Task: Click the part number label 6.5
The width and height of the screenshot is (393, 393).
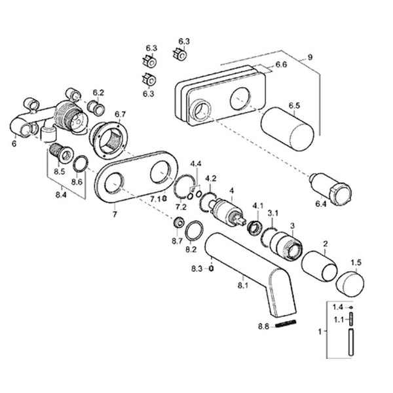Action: (x=294, y=105)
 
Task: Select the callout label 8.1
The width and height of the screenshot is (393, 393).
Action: (x=242, y=286)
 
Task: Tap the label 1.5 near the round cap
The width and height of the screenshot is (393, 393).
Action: (x=356, y=263)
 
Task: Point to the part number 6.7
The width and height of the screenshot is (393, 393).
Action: (x=120, y=114)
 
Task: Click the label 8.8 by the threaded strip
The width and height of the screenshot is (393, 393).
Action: (x=263, y=327)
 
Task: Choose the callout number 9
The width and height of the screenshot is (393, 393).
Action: (x=310, y=57)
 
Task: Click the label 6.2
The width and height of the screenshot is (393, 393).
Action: (x=98, y=93)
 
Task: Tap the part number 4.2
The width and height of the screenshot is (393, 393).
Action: (x=210, y=179)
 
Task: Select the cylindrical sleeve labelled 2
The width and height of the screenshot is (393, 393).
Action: (x=319, y=266)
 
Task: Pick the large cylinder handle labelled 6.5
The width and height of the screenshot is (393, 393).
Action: (x=288, y=129)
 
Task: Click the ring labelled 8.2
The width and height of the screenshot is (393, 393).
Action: (x=195, y=231)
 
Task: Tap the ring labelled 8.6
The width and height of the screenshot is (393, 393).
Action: (x=81, y=164)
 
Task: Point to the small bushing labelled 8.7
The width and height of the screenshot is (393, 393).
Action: (x=179, y=222)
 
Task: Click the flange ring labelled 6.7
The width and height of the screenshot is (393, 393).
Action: (x=109, y=140)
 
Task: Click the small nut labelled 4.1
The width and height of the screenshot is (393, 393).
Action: (x=255, y=227)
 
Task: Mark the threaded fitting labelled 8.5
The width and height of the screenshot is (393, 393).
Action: (x=62, y=153)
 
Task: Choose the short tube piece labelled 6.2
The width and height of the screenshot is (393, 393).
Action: (x=96, y=108)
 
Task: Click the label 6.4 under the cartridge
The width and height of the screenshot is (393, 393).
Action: (x=321, y=204)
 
